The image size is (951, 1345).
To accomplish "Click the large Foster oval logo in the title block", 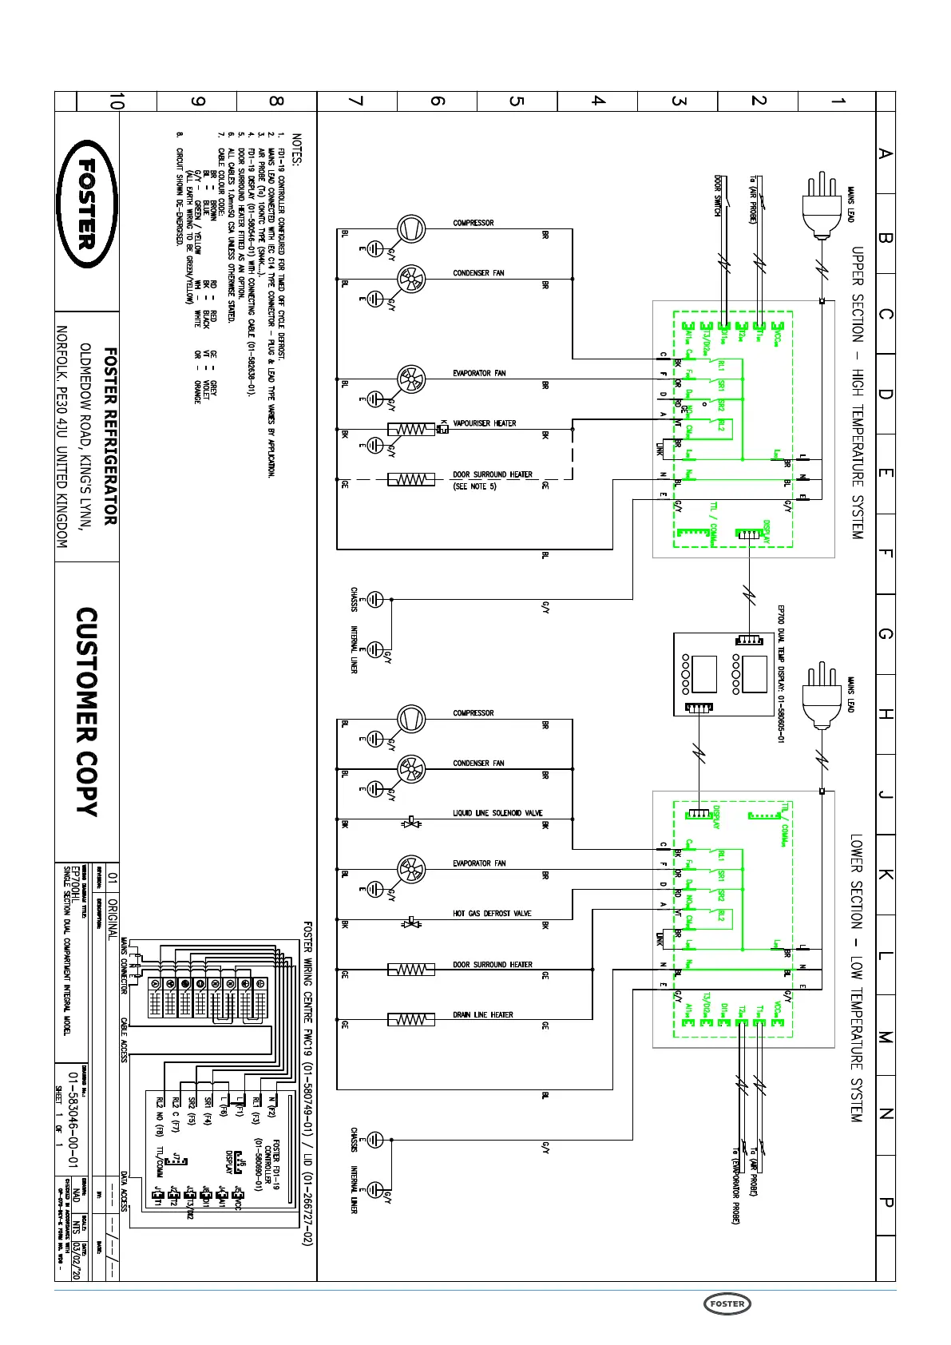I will pos(87,204).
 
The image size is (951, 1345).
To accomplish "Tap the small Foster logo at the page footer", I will pos(727,1303).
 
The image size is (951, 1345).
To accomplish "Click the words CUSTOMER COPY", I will pos(87,712).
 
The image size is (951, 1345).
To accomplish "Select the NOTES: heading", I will pos(297,149).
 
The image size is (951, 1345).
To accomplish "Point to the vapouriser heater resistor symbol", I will pos(411,430).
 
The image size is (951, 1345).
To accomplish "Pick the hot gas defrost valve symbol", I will pos(412,922).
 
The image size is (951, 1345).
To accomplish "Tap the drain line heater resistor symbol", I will pos(411,1020).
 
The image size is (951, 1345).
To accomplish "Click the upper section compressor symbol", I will pos(412,229).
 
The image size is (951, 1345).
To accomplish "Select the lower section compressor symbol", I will pos(412,719).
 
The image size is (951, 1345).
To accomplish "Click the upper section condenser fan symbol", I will pos(412,279).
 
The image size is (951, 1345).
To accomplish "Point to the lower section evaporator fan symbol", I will pos(412,869).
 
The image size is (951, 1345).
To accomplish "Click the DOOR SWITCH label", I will pos(717,196).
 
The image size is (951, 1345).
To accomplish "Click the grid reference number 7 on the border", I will pos(357,101).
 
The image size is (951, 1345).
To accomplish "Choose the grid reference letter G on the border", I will pos(886,633).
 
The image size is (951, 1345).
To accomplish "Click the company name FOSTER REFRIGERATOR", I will pos(110,436).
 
